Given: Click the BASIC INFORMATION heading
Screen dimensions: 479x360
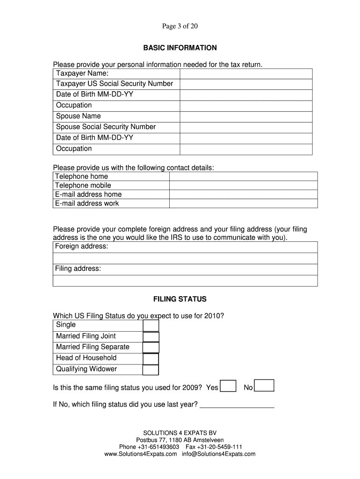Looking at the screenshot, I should [x=180, y=48].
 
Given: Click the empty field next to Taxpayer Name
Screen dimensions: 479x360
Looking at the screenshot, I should [x=246, y=73].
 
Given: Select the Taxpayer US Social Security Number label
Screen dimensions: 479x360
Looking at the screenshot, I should [x=115, y=84].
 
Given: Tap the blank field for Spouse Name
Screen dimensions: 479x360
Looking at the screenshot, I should [x=246, y=116].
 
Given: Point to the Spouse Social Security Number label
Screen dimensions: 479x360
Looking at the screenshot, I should [x=106, y=127].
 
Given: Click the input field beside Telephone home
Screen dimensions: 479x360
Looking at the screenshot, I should [x=243, y=176].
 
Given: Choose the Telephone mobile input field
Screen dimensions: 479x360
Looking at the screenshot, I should [x=243, y=185].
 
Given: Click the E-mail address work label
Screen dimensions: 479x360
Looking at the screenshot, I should [x=87, y=203].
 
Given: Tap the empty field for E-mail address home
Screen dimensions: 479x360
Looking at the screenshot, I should [x=243, y=194].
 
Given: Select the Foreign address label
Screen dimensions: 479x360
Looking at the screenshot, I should [x=81, y=247].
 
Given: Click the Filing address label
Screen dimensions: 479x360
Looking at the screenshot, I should [x=78, y=269].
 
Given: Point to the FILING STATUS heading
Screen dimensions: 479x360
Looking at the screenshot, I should [x=180, y=299].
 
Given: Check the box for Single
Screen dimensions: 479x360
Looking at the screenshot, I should [x=151, y=326].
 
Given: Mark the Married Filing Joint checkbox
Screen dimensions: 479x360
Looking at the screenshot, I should [x=151, y=337].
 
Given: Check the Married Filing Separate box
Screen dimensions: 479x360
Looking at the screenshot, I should [x=151, y=348].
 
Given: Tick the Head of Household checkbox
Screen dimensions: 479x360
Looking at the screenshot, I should [x=151, y=359].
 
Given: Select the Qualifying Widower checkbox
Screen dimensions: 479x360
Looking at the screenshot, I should [x=151, y=370].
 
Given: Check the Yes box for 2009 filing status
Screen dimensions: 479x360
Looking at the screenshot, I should [x=228, y=386].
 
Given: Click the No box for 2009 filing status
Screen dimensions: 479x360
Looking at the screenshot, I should [x=265, y=385].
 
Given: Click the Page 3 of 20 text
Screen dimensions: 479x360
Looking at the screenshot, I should [x=180, y=26].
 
